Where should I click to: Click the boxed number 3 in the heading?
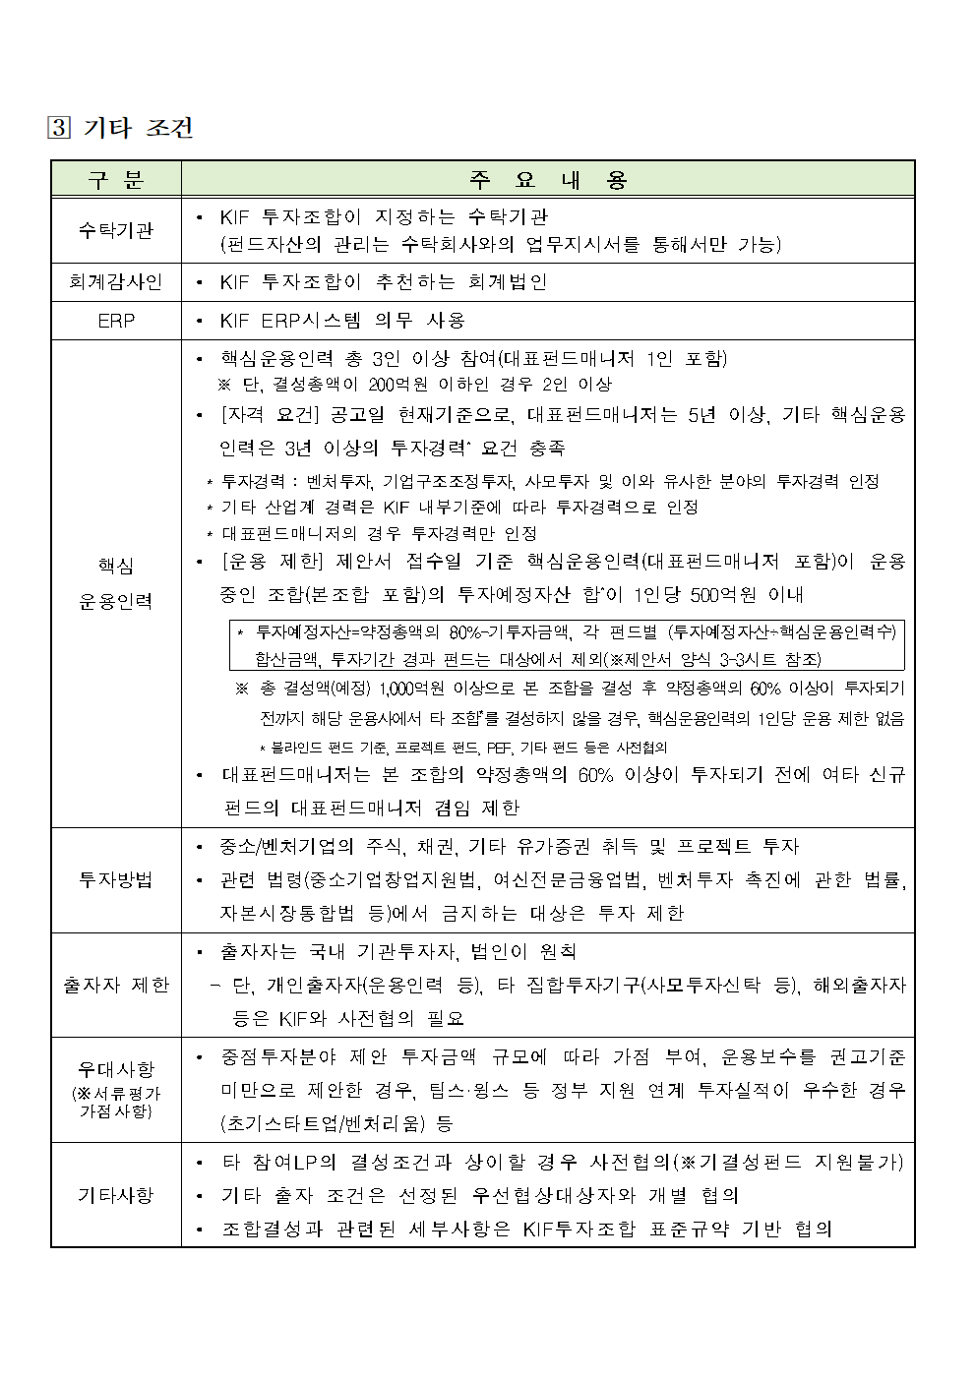[x=59, y=128]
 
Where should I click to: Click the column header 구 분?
[x=116, y=179]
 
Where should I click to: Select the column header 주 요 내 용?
[x=548, y=179]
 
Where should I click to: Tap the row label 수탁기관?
[x=116, y=230]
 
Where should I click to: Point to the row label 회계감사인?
[x=116, y=282]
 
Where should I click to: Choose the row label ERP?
[x=116, y=321]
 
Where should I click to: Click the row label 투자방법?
[x=116, y=879]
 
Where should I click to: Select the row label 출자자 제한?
[x=116, y=985]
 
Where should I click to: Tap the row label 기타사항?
[x=116, y=1195]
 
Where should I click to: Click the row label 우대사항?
[x=116, y=1069]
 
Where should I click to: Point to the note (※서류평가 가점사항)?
[x=116, y=1102]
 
